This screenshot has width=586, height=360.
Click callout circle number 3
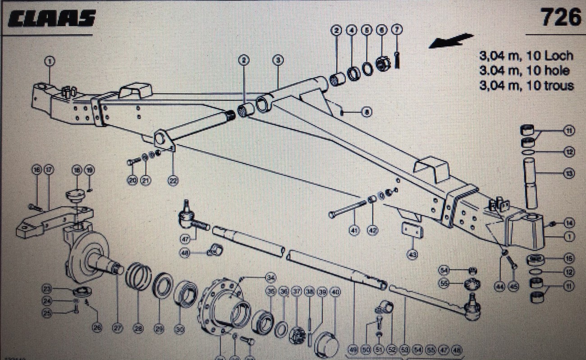click(278, 59)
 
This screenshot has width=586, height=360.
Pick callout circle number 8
click(366, 112)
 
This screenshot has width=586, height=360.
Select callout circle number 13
click(569, 173)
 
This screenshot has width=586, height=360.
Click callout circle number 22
click(173, 181)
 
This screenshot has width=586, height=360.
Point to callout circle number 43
click(412, 255)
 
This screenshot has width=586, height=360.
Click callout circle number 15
click(569, 259)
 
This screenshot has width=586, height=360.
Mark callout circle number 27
click(118, 329)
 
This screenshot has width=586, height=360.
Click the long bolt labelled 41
click(347, 208)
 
